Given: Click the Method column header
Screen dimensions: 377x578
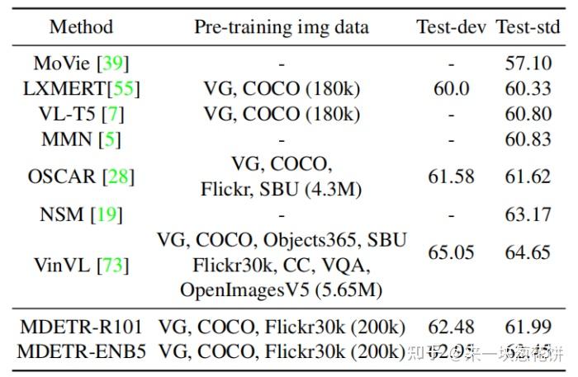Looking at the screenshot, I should coord(81,26).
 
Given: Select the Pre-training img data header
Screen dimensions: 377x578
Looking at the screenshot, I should coord(282,26).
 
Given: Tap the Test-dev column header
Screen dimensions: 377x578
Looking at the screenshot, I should coord(451,26).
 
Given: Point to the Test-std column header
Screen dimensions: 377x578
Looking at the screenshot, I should coord(528,26).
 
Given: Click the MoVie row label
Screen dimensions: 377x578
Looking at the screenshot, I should coord(81,63).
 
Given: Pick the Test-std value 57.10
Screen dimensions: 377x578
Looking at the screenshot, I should coord(528,63).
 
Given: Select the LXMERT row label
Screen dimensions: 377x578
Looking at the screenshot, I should coord(81,87).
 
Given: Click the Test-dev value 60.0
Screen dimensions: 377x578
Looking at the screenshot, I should coord(451,87).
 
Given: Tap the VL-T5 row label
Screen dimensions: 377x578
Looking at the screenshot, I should coord(81,113).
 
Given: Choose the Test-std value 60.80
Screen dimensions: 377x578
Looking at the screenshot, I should coord(528,113).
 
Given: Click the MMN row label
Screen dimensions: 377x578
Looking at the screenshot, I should coord(81,139).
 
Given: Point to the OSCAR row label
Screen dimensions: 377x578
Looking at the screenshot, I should coord(81,177).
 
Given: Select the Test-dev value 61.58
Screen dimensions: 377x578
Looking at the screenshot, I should coord(451,177).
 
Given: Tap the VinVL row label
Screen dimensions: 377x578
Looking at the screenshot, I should coord(81,266).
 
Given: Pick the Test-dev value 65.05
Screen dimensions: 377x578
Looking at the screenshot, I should coord(451,252).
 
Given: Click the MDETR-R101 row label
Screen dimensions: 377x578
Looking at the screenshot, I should coord(81,327).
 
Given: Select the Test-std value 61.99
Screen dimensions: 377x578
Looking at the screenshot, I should coord(528,327).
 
